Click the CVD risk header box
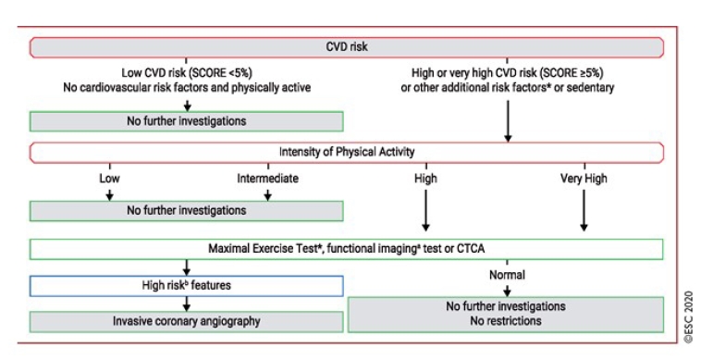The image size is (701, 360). [347, 46]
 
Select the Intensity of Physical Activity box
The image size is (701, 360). [347, 152]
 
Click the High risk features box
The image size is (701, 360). [187, 286]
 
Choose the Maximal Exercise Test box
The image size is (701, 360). [347, 249]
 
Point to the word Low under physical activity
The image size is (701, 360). [108, 179]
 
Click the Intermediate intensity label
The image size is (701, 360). [267, 179]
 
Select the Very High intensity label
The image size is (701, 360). [584, 179]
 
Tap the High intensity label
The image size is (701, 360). [425, 179]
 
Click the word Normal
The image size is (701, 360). [506, 275]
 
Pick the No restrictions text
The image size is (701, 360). [506, 320]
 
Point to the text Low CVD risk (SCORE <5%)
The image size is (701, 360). [187, 72]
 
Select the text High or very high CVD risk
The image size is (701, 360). [507, 72]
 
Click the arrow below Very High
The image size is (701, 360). [584, 208]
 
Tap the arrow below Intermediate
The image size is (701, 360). [267, 193]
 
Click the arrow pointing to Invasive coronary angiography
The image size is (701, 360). [187, 304]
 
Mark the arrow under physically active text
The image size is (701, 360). [187, 105]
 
